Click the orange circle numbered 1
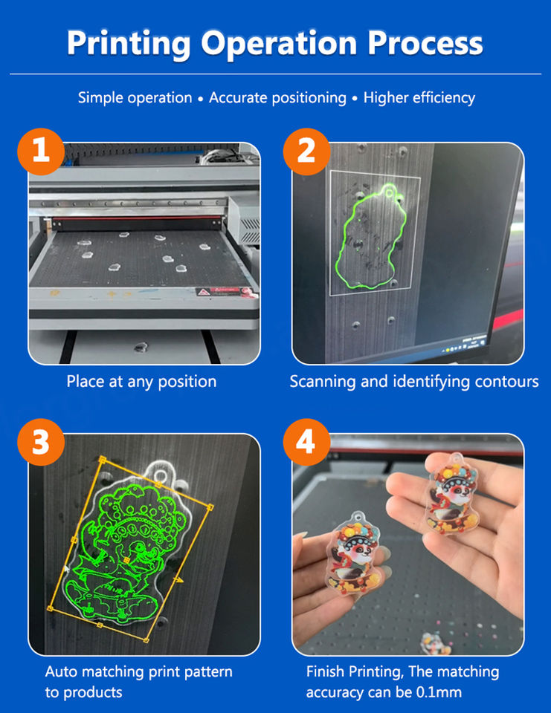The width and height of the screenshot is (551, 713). [41, 152]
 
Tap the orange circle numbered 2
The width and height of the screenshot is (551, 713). [306, 152]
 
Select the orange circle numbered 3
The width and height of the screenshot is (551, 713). [41, 442]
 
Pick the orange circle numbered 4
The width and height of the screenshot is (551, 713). [306, 442]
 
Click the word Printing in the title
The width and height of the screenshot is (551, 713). [129, 44]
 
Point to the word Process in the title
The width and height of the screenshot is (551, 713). [425, 43]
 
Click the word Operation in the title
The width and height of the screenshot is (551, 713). [279, 44]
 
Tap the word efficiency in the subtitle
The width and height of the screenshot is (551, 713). [441, 98]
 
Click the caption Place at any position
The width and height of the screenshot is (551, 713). [141, 382]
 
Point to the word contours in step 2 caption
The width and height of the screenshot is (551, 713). [506, 382]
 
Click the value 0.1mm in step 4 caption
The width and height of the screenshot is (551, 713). [439, 692]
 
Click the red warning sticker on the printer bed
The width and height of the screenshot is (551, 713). [219, 291]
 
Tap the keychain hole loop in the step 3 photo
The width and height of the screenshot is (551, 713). [161, 475]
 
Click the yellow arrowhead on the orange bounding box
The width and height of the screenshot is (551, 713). [179, 580]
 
